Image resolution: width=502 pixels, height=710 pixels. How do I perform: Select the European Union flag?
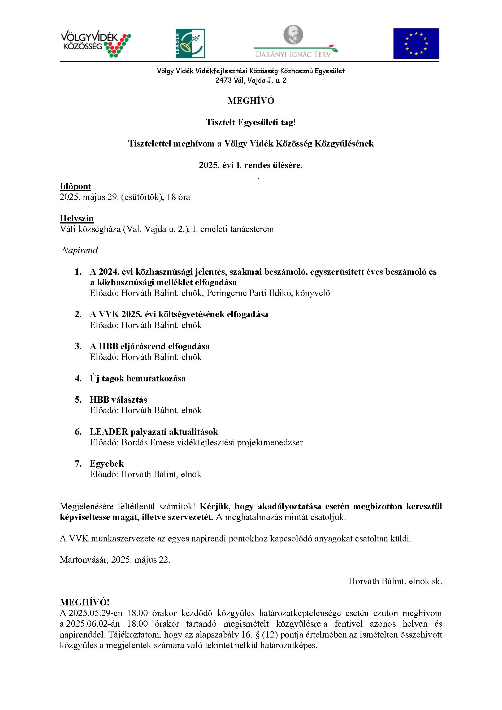click(x=416, y=44)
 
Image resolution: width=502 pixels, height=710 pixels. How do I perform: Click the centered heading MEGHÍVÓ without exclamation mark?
click(x=251, y=101)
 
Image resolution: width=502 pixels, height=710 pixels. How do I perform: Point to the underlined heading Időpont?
click(x=75, y=187)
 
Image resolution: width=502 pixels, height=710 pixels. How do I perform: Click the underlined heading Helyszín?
click(x=77, y=219)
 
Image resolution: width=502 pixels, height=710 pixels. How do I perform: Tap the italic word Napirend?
click(x=80, y=250)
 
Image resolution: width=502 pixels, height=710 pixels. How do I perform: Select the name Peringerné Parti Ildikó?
click(x=249, y=293)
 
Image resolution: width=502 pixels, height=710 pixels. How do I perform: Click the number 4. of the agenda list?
click(x=78, y=378)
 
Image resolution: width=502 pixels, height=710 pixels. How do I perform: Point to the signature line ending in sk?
click(x=395, y=581)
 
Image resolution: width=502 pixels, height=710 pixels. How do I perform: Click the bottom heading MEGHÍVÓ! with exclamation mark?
click(x=84, y=603)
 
